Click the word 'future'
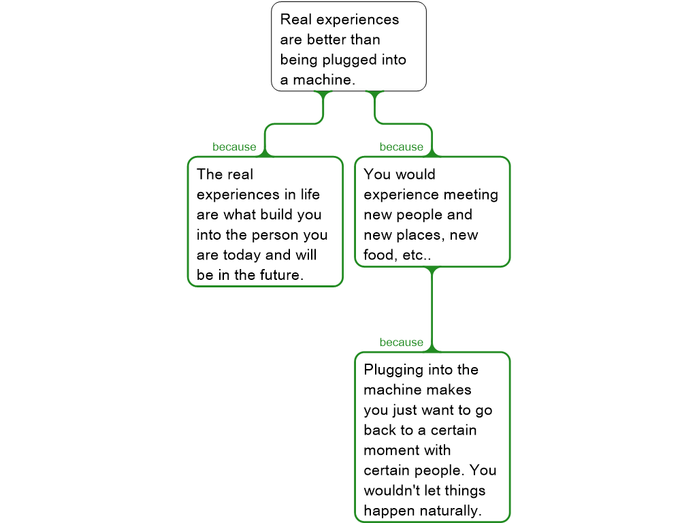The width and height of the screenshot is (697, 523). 277,275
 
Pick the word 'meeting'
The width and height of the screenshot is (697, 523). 471,195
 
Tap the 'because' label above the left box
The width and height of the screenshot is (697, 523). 234,147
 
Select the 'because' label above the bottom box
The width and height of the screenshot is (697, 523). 401,343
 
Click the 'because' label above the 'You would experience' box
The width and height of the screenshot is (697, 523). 401,147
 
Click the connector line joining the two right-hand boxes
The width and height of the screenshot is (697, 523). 432,306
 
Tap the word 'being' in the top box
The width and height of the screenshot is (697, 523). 299,60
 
